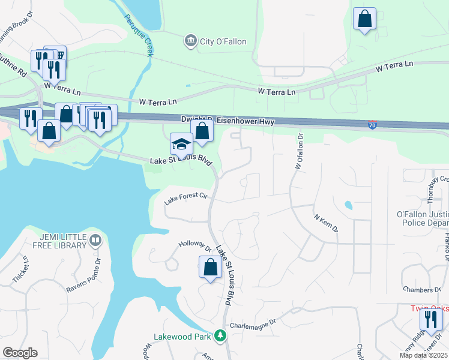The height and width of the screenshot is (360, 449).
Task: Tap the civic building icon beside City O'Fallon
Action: (x=191, y=41)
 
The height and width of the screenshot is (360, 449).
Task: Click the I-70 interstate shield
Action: (x=373, y=125)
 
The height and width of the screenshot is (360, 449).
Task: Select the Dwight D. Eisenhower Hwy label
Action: (x=228, y=121)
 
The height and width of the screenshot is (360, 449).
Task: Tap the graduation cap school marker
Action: (x=180, y=144)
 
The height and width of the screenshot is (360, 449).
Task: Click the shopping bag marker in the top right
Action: (x=364, y=19)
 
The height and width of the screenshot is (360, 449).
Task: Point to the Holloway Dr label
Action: (x=194, y=247)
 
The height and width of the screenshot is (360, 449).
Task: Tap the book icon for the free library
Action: (x=95, y=241)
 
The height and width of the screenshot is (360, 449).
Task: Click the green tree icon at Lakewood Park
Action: (x=221, y=337)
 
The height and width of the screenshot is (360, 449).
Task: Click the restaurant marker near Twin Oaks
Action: (x=430, y=320)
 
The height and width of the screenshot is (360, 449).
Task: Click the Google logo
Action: (x=20, y=353)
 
